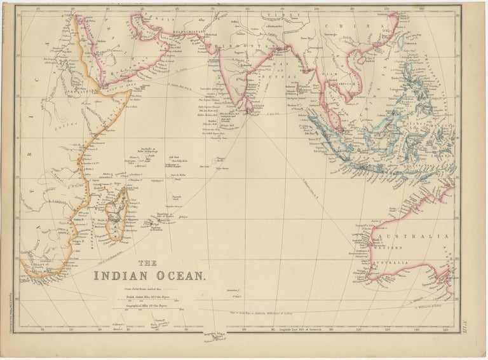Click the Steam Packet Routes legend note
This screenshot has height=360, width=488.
tap(140, 289)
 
